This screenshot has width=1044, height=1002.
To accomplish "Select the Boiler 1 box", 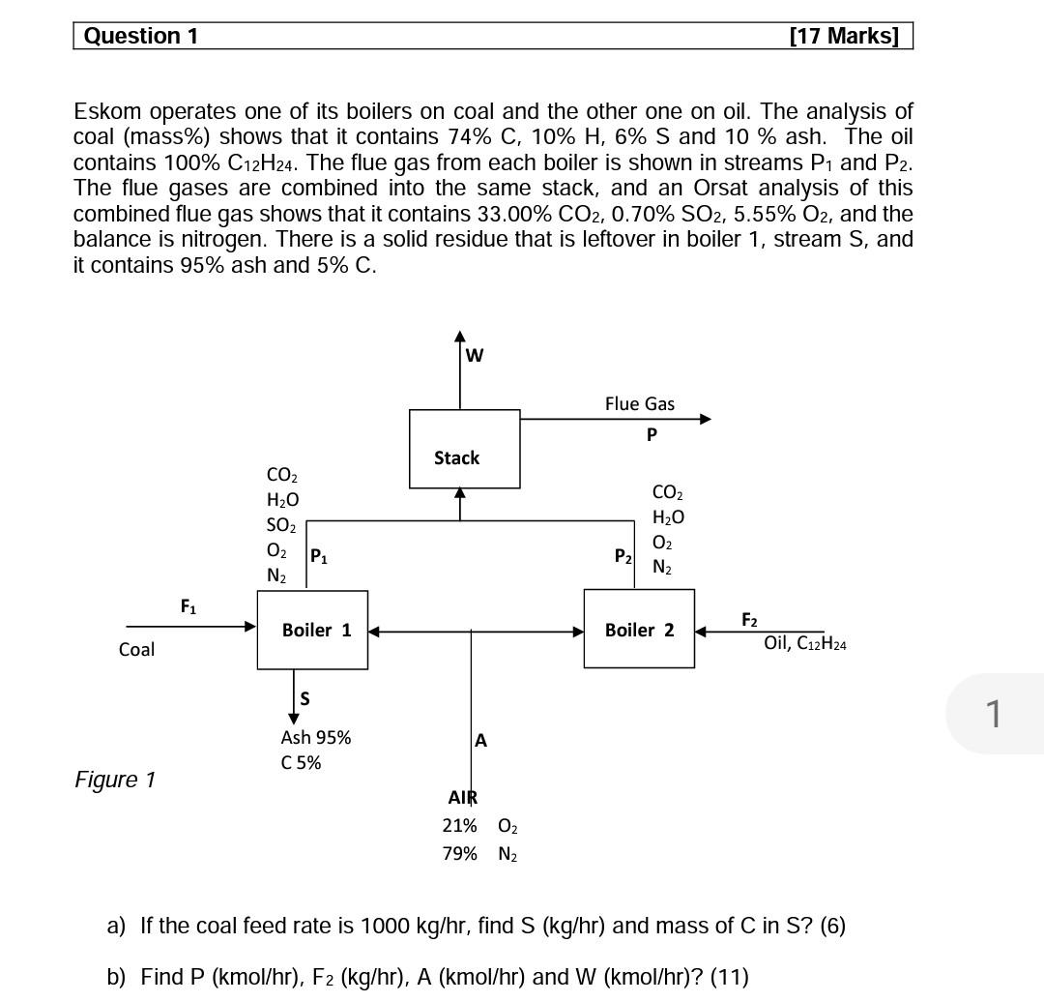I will [x=312, y=630].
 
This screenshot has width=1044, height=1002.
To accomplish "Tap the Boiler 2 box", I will [x=639, y=630].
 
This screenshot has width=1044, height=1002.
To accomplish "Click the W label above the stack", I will [x=474, y=355].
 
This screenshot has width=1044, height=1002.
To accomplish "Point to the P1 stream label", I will [x=318, y=556].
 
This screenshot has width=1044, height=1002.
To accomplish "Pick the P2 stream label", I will [x=623, y=556].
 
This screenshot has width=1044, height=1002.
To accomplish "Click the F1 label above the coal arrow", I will [x=188, y=606].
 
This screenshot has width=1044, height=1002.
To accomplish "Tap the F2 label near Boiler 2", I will [x=749, y=620].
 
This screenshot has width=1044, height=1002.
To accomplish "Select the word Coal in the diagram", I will [x=136, y=650].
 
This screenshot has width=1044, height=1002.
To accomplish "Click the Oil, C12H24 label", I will [x=804, y=643].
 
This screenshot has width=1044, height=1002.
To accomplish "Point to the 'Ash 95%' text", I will [x=316, y=737].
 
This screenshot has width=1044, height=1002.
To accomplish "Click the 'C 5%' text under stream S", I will [x=301, y=763].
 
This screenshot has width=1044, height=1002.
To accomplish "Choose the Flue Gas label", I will [x=640, y=403].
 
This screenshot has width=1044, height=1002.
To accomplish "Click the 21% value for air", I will [x=459, y=826].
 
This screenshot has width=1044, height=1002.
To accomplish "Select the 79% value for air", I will [x=459, y=853].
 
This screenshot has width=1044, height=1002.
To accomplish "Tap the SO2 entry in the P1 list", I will [x=281, y=525].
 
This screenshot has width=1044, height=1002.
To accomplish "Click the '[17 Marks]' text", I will [x=844, y=37].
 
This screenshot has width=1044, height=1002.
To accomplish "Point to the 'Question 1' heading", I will [x=141, y=37].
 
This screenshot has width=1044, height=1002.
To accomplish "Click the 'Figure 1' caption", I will [x=115, y=780].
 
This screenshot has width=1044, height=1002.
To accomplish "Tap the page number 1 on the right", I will [x=994, y=714].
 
